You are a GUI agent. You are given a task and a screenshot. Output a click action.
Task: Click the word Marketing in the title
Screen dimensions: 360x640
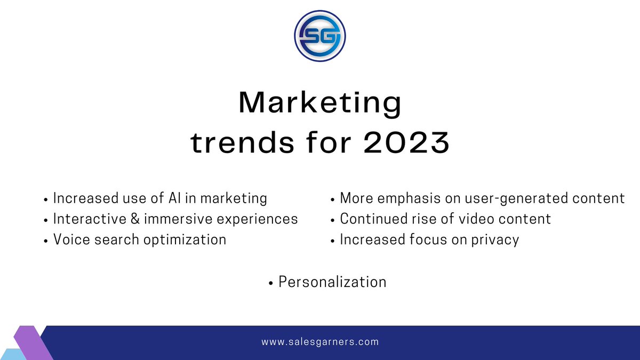(320, 103)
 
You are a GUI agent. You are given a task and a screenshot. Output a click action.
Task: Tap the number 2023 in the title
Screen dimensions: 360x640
(406, 143)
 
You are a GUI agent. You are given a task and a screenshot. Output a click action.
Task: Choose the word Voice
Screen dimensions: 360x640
(72, 239)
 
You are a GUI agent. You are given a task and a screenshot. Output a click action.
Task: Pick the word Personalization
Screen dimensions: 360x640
(332, 282)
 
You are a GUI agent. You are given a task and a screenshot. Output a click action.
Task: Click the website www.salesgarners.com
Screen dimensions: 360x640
(320, 342)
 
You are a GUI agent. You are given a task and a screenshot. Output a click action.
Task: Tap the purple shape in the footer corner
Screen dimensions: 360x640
(33, 341)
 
